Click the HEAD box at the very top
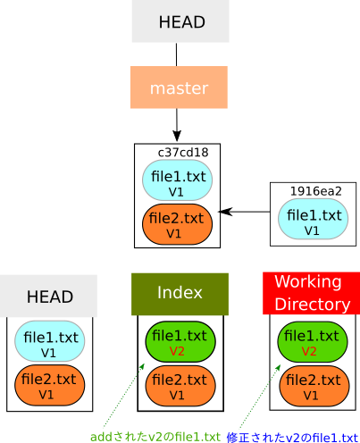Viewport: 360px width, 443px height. (180, 21)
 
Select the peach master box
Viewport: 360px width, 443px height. (179, 88)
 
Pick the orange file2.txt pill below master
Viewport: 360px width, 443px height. (176, 224)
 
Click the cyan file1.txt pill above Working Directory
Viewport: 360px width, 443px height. (312, 220)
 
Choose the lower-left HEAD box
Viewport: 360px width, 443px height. (48, 296)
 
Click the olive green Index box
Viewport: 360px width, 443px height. (180, 294)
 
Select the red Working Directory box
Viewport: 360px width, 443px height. (311, 293)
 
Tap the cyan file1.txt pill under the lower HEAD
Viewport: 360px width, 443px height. (50, 342)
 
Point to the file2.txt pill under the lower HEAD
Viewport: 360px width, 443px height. (50, 385)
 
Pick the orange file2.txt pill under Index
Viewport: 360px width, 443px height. (180, 385)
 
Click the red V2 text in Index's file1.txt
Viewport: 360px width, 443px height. (177, 351)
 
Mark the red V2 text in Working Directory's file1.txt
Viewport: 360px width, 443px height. (309, 351)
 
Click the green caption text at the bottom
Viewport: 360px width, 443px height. (155, 437)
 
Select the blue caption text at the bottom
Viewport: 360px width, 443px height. (293, 437)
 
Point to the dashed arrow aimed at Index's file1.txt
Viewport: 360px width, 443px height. (121, 396)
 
